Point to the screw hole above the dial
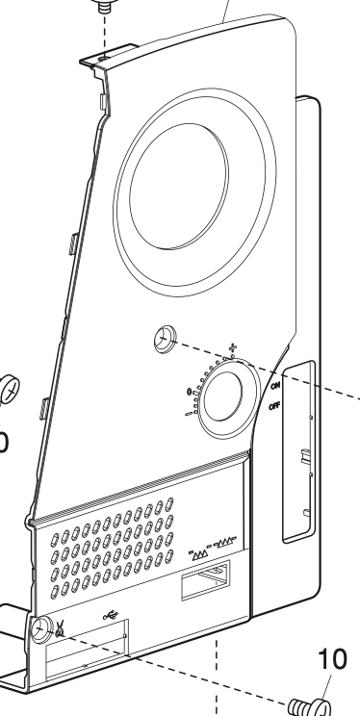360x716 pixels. point(165,338)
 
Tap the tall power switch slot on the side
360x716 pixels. point(301,452)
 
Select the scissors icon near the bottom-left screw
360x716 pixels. point(61,632)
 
